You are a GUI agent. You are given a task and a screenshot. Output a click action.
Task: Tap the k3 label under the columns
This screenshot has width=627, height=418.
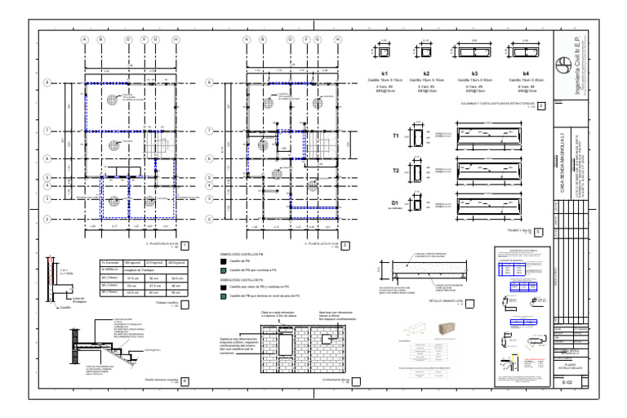[x=474, y=73]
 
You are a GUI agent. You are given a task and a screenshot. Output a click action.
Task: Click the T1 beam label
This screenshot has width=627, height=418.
[x=396, y=136]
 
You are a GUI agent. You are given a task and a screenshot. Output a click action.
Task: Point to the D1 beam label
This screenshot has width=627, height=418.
[x=396, y=203]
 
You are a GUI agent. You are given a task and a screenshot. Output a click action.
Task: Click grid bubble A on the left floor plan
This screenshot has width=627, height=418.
[x=84, y=38]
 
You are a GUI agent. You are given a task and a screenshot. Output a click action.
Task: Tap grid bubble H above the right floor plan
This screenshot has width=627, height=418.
[x=338, y=38]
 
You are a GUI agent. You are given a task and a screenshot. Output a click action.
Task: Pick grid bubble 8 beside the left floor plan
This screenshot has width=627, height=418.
[x=47, y=82]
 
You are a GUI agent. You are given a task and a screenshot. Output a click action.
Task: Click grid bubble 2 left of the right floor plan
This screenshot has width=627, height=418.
[x=210, y=219]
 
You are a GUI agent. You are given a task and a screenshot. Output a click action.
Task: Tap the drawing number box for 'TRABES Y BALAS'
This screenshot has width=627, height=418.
[x=538, y=231]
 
